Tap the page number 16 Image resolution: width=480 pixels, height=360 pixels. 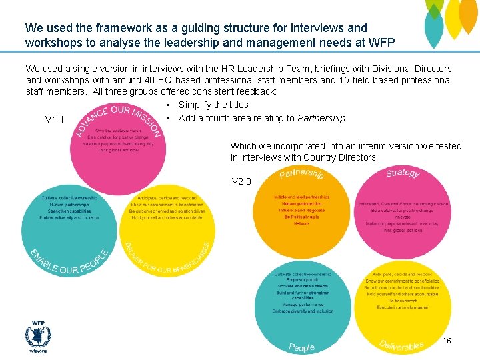tap(447, 341)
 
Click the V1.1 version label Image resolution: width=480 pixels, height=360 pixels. tap(55, 120)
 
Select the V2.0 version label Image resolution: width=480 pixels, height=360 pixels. tap(241, 181)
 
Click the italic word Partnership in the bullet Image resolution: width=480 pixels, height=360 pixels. tap(321, 118)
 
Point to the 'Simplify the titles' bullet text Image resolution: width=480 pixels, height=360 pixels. tap(213, 105)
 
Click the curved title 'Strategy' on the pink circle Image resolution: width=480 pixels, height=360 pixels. tap(403, 173)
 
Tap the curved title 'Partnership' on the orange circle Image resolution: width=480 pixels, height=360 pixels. tap(301, 173)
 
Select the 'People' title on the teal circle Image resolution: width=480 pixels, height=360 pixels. tap(301, 347)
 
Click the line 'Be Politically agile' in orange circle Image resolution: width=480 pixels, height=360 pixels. tap(301, 217)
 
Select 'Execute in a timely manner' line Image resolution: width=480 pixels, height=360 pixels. tap(402, 307)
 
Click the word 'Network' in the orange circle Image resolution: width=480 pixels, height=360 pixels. tap(301, 223)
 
